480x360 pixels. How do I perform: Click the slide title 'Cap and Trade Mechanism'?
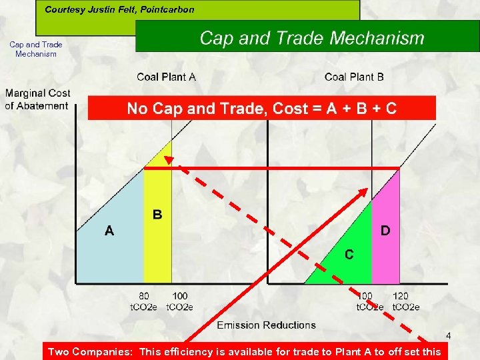311,38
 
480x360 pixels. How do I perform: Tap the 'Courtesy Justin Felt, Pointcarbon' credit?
119,9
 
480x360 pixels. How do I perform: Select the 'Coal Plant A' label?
166,77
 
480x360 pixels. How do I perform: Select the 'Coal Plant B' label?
354,77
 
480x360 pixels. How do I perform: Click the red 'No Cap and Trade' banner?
261,108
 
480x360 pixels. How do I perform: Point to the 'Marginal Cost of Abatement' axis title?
37,99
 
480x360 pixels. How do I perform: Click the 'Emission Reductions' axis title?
266,325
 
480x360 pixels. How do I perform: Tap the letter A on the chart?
109,231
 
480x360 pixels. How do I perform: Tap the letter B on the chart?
157,215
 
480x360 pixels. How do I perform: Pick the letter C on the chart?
349,255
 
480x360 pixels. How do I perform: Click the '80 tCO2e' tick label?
144,301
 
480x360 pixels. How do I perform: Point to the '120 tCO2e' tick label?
405,301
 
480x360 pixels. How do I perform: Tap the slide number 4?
449,335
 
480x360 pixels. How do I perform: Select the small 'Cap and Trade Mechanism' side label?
36,49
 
